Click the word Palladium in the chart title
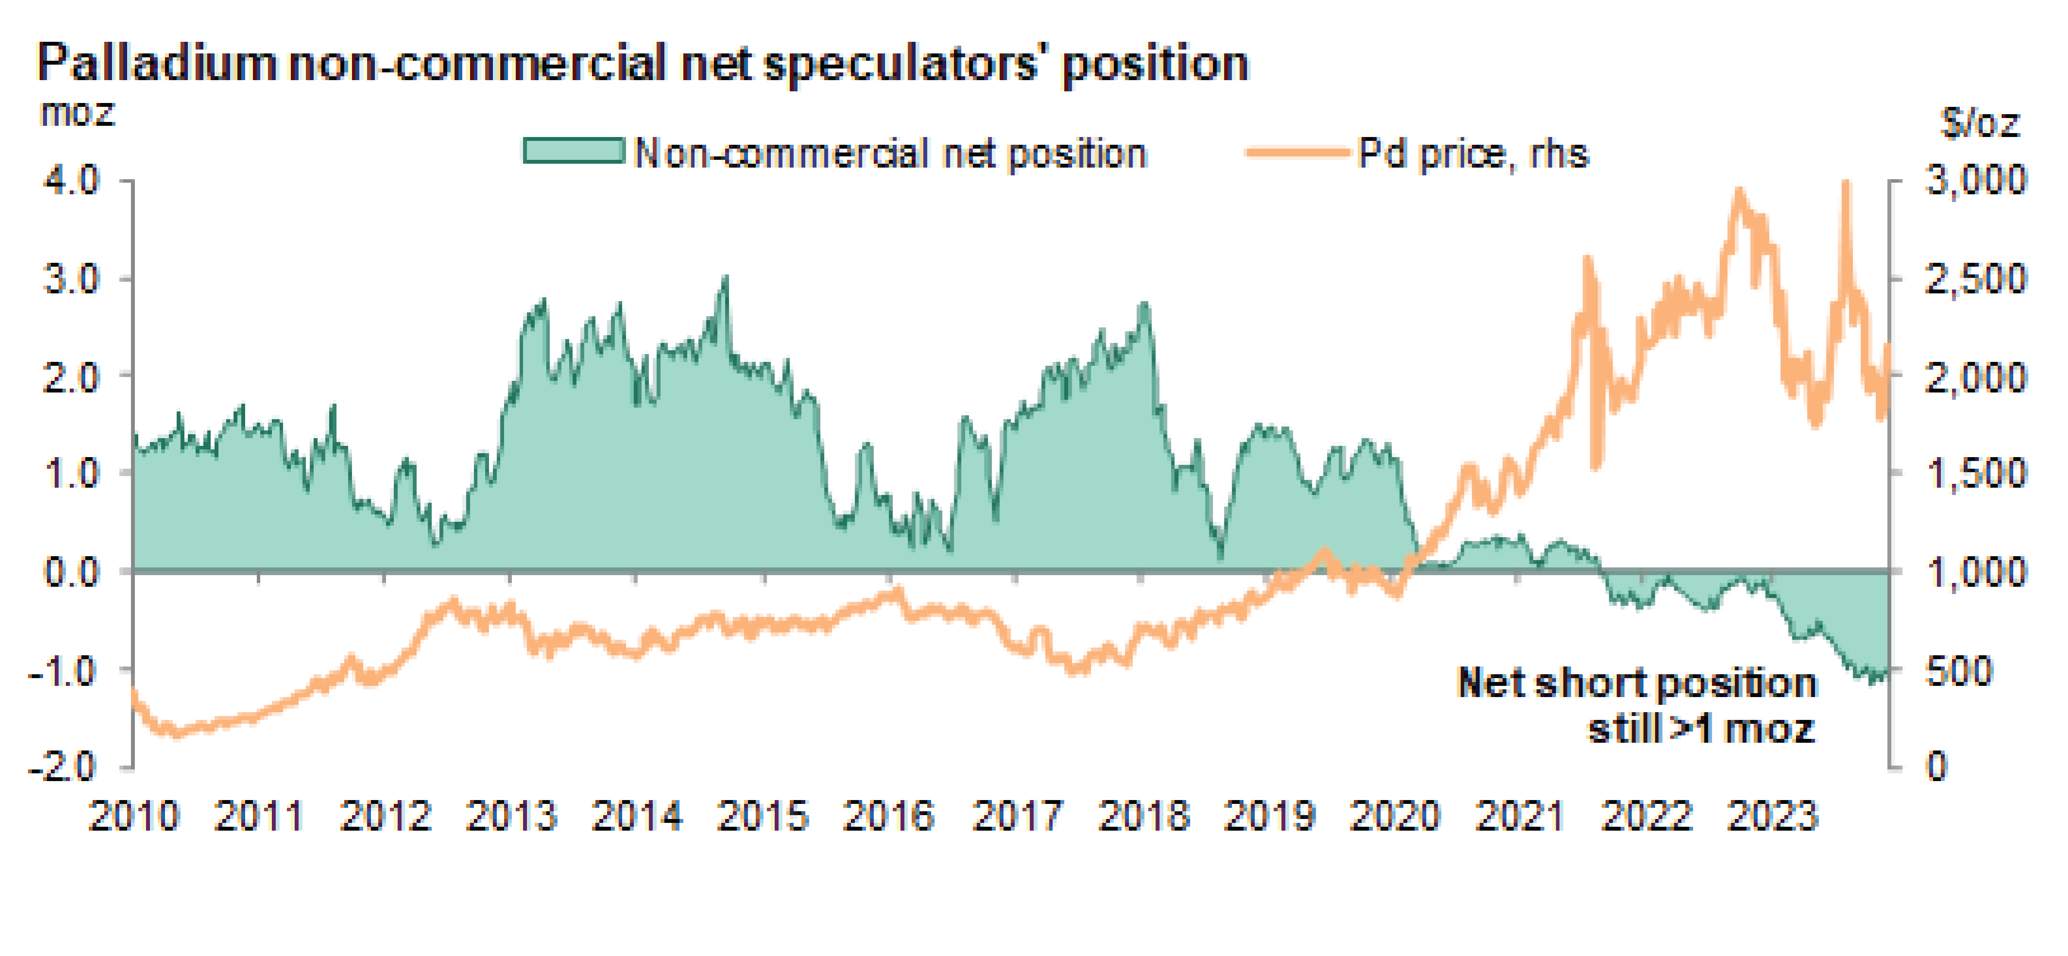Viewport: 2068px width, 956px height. pos(156,62)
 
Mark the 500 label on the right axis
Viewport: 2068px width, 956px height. pos(1959,670)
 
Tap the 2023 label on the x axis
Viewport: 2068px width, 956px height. pos(1772,816)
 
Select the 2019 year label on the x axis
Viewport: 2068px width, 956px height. pos(1269,816)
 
